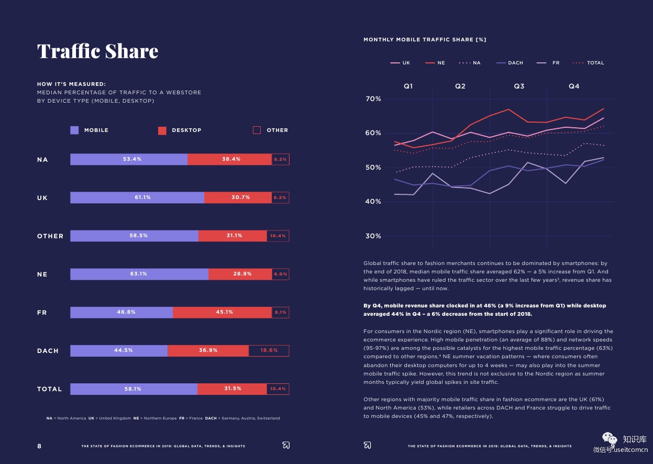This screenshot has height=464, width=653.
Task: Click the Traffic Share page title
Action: (x=97, y=51)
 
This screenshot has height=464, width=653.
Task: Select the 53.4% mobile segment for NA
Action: (x=129, y=159)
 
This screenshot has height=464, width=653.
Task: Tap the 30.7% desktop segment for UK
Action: (x=238, y=197)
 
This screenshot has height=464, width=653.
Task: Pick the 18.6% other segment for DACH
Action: (x=269, y=350)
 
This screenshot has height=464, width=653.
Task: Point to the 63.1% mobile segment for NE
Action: (x=139, y=274)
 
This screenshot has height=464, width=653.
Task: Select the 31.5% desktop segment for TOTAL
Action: (x=232, y=389)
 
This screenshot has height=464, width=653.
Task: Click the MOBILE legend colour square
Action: (x=74, y=130)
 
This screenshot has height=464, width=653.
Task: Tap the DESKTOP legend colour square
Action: (x=162, y=130)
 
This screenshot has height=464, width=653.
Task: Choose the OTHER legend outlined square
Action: (x=257, y=130)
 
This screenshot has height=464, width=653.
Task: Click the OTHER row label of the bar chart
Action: (x=50, y=236)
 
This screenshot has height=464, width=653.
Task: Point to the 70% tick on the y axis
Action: (x=373, y=99)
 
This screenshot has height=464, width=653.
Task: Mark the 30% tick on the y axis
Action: (x=373, y=236)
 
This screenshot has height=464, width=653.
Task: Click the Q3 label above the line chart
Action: (x=519, y=86)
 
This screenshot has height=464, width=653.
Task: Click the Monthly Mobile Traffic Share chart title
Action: (x=425, y=40)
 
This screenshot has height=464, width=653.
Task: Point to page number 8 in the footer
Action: (x=39, y=446)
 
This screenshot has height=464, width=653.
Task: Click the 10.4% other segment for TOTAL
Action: (x=278, y=389)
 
